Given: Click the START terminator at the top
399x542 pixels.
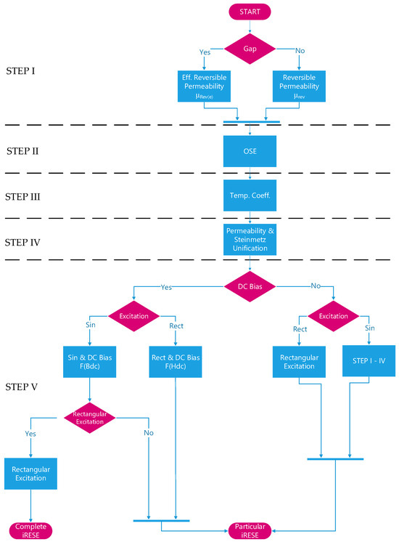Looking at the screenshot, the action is pos(250,12).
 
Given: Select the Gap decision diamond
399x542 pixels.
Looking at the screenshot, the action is pos(250,49).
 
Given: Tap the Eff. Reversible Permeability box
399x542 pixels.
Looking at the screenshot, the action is pos(204,86).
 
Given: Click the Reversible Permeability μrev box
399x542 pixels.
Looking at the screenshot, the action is pos(299,86).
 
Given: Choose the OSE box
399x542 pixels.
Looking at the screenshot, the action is pos(250,151).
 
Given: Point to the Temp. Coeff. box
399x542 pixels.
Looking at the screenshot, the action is pos(250,195).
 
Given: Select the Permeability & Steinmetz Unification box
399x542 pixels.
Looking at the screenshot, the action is pos(250,240).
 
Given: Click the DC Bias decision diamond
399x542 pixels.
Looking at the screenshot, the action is pos(250,286).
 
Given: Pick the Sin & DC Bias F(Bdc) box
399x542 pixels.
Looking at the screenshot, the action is pos(89,362).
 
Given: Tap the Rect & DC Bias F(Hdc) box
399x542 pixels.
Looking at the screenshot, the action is pos(176,362).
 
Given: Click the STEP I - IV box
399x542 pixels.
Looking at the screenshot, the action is pos(369,361).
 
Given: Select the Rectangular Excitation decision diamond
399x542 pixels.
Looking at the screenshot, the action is pos(89,418).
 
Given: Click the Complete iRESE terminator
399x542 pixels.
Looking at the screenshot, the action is pos(30,531).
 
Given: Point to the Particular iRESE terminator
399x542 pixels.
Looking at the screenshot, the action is pos(250,531).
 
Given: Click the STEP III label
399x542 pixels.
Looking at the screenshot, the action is pos(22,197).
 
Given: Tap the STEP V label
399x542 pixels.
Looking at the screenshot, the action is pos(21,387).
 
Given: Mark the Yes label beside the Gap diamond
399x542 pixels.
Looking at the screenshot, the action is pos(205,52).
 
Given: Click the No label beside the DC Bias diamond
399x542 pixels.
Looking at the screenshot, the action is pos(316,286).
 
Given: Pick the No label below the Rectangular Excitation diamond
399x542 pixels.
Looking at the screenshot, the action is pos(149,433).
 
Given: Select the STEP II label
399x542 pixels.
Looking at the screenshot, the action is pos(22,151).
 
